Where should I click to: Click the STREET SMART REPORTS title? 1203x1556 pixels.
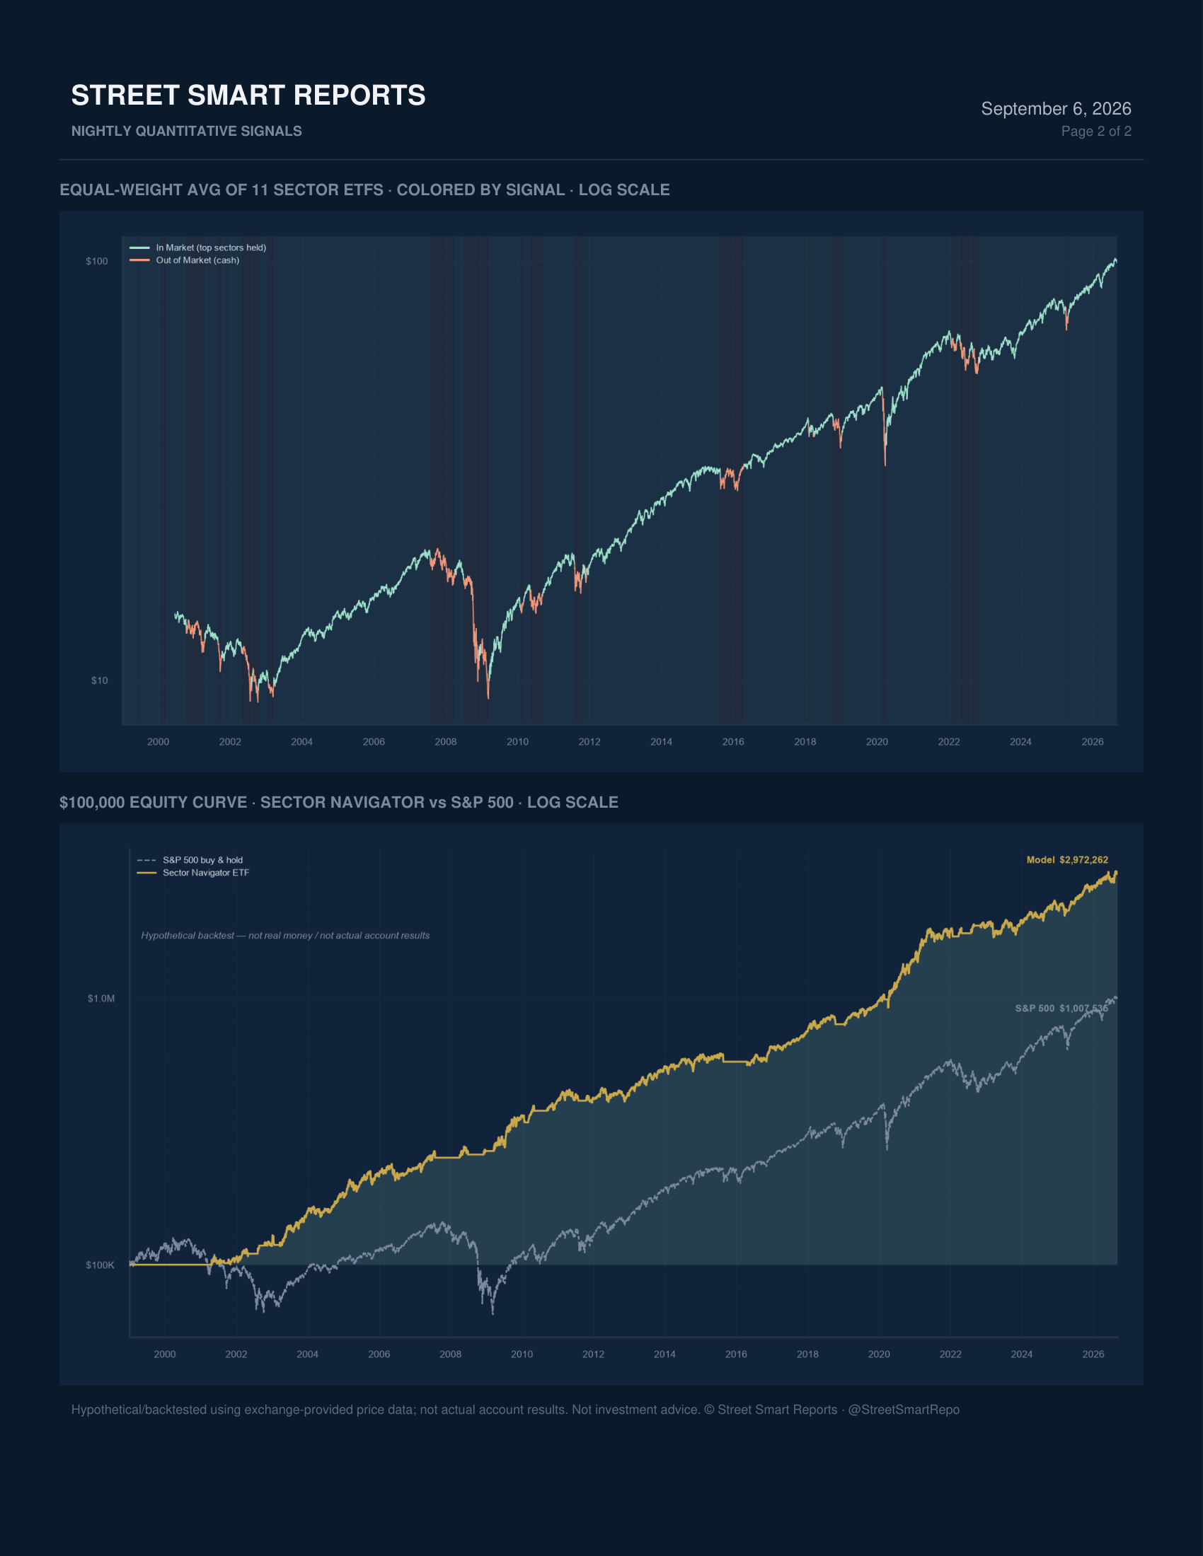coord(248,95)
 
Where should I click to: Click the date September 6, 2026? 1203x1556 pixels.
coord(1056,108)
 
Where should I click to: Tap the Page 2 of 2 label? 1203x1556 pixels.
coord(1096,131)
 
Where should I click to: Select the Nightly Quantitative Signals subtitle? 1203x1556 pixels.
coord(187,131)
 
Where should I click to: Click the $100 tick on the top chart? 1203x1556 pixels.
coord(97,262)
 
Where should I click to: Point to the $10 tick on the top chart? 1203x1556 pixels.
coord(100,680)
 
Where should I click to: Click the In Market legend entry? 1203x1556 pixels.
coord(197,248)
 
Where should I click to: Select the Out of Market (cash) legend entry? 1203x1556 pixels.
coord(185,260)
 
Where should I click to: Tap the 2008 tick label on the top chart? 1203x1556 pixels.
coord(445,742)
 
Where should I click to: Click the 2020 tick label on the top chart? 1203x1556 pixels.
coord(877,742)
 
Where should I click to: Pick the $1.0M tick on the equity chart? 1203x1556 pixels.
coord(101,998)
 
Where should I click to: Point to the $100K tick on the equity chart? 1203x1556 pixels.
coord(100,1265)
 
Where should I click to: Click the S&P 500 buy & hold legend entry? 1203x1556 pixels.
coord(190,860)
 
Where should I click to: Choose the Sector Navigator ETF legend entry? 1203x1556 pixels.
coord(193,873)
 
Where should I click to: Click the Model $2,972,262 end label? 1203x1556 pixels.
coord(1067,860)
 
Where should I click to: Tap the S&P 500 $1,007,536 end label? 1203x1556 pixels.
coord(1061,1008)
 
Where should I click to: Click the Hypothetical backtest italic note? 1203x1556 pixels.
coord(285,936)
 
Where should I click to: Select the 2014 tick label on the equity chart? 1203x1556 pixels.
coord(664,1354)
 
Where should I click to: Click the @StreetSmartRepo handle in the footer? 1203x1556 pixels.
coord(904,1410)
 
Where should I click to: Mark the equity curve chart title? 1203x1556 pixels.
coord(338,802)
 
